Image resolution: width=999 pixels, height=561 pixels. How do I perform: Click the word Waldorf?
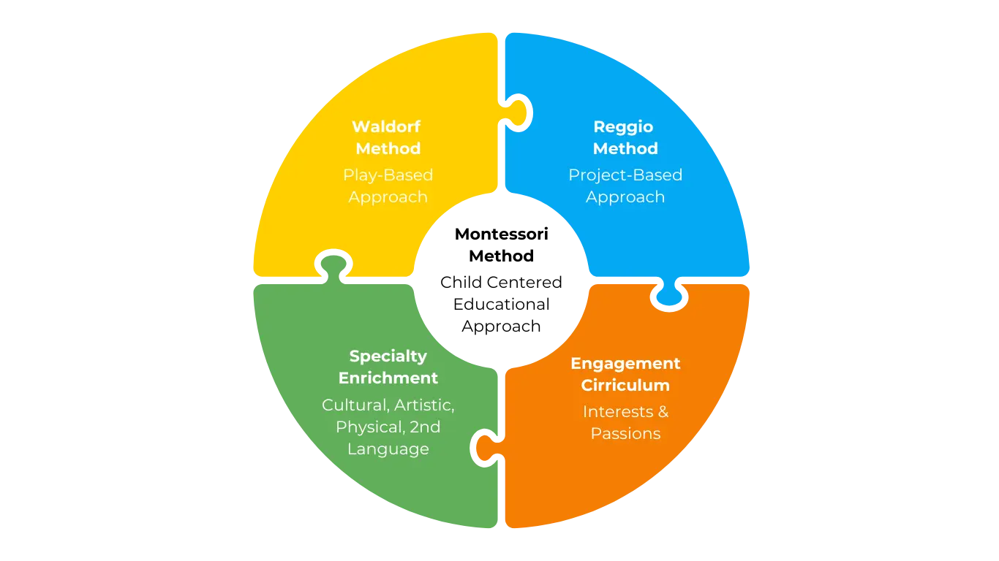click(x=386, y=126)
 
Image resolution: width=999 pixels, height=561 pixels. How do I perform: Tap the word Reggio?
click(x=623, y=126)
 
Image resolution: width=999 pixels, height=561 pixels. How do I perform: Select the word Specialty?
click(x=388, y=356)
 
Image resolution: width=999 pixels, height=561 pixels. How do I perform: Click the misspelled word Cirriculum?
click(x=625, y=385)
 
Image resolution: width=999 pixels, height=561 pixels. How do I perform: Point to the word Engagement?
click(x=625, y=363)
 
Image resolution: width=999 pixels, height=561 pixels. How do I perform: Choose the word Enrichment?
click(x=388, y=378)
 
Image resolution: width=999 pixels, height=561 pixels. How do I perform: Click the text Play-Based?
click(x=388, y=175)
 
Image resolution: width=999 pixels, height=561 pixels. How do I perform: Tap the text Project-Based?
click(x=625, y=175)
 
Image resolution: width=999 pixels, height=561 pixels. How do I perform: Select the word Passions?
click(x=625, y=433)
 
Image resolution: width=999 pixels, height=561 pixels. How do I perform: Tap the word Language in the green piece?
click(x=388, y=449)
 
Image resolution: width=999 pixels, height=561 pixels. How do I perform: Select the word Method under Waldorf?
click(x=388, y=148)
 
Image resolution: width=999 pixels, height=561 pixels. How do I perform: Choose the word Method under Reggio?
click(x=625, y=148)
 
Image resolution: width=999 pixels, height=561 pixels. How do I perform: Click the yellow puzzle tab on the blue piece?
click(x=518, y=114)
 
